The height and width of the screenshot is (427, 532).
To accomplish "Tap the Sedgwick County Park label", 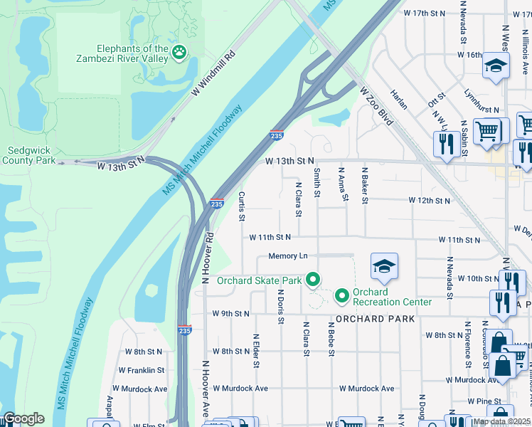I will tap(31, 155).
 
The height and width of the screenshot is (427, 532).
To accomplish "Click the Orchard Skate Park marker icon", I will tap(312, 280).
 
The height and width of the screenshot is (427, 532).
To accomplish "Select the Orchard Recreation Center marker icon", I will tap(341, 294).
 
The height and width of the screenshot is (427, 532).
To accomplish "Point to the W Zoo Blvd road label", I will tap(376, 106).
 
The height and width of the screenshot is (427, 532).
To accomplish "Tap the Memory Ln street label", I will tap(287, 255).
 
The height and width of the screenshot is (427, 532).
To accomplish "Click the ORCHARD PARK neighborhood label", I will tap(375, 319).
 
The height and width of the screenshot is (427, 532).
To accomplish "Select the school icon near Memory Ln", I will tap(383, 266).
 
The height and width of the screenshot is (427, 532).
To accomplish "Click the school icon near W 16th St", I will tap(495, 66).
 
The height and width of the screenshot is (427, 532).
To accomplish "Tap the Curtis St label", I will tap(242, 204).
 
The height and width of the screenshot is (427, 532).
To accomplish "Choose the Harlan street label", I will tap(399, 99).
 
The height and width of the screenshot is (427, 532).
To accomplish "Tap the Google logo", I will tap(23, 418).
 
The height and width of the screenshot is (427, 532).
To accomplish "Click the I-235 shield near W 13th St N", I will tap(276, 134).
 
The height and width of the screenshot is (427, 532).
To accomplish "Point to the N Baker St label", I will tap(364, 186).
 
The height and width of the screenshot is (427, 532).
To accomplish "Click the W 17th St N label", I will tap(424, 14).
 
